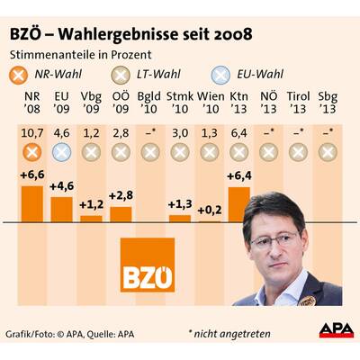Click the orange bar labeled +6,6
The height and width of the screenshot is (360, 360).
[x=31, y=203]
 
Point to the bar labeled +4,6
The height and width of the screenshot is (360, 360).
[x=60, y=209]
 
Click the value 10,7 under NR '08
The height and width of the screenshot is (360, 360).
[x=31, y=134]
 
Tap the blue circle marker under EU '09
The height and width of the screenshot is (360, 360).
[x=61, y=152]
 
